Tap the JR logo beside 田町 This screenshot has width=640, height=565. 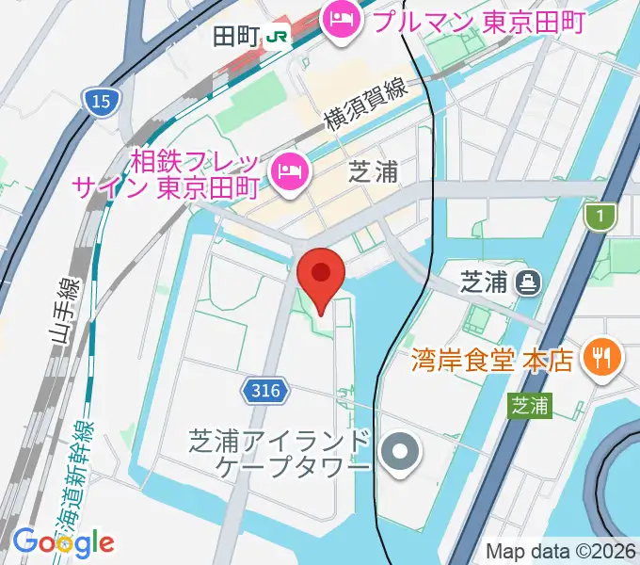pos(278,36)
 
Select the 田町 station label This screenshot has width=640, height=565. pos(238,36)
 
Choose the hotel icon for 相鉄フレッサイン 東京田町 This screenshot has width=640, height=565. pos(287,170)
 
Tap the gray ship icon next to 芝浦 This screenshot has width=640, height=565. pos(527,280)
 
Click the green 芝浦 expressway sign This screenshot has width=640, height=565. pos(530,406)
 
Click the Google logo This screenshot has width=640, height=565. pos(63,541)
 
